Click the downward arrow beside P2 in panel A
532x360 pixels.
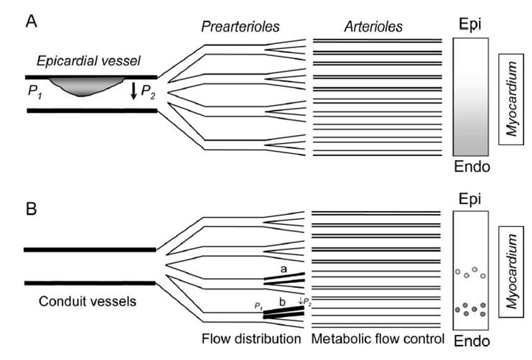(134, 92)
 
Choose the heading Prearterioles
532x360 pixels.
(239, 27)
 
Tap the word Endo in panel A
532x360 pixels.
(472, 167)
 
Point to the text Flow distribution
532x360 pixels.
(251, 338)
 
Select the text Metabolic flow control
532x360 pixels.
(375, 338)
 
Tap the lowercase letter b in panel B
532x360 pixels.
(284, 303)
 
